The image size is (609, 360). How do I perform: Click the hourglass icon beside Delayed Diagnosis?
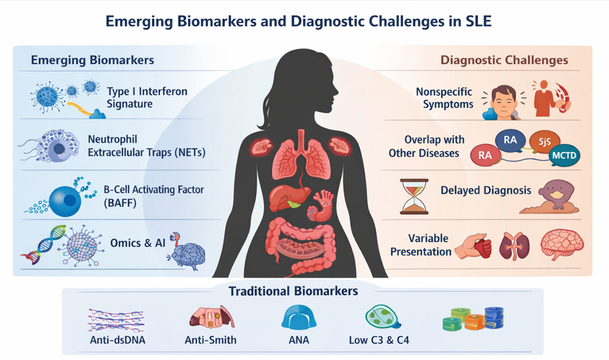[x=415, y=197]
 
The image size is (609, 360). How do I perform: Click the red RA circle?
[x=485, y=154]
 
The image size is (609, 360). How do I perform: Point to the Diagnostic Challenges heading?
[x=504, y=60]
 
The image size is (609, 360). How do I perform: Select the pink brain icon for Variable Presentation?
[x=562, y=245]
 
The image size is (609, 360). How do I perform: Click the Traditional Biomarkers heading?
[x=293, y=291]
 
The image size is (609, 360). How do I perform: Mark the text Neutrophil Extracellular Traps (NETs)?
[x=147, y=146]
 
